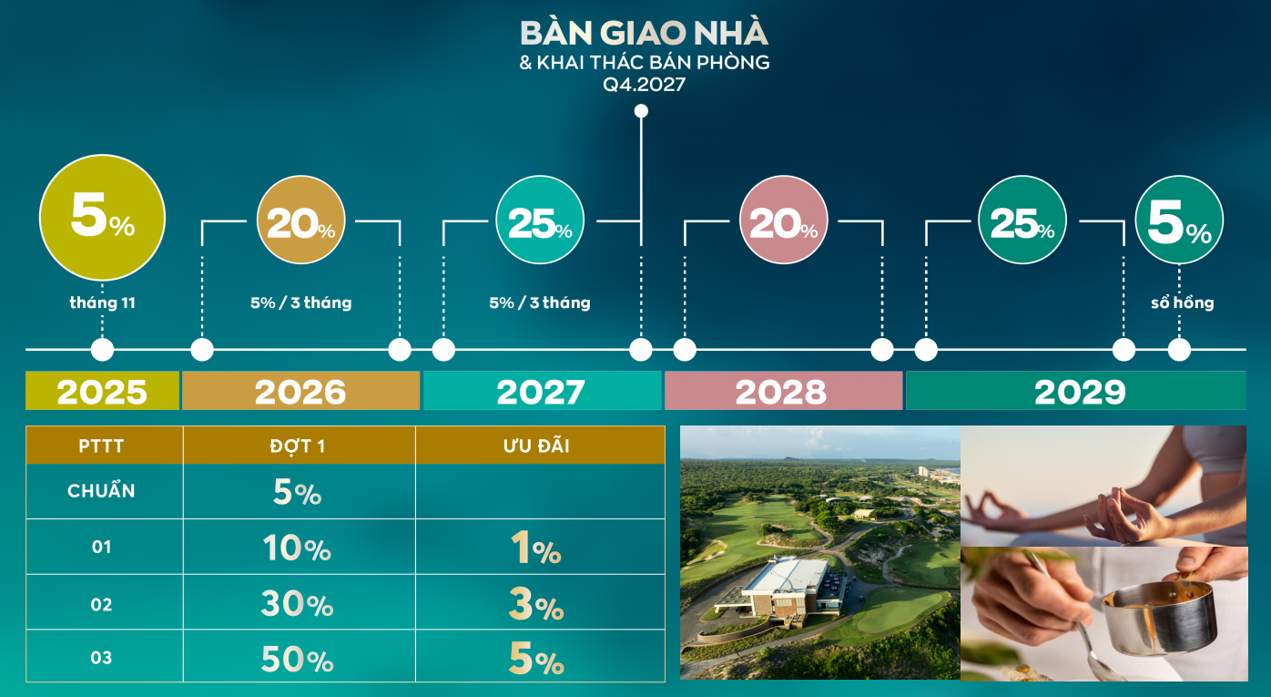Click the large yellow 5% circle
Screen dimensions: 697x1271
point(102,219)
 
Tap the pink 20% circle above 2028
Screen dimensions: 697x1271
point(784,220)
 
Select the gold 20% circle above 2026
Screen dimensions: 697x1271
point(300,220)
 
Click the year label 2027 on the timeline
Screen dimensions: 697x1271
point(541,391)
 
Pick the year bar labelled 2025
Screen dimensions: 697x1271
point(102,391)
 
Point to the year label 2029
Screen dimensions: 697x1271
point(1080,391)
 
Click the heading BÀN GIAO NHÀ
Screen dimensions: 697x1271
point(644,33)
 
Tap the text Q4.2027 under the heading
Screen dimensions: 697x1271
point(644,86)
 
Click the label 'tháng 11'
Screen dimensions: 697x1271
point(102,302)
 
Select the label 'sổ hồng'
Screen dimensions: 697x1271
point(1182,302)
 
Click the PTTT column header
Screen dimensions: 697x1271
point(102,446)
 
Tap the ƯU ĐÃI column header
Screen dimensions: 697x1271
point(536,446)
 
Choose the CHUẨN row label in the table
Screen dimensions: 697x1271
point(102,491)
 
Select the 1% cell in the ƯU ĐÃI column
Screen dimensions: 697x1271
point(536,549)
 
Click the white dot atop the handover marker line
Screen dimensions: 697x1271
point(641,111)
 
